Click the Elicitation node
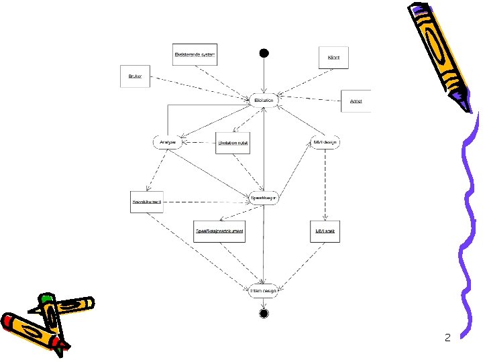pyautogui.click(x=264, y=101)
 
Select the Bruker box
pyautogui.click(x=135, y=76)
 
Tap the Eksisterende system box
pyautogui.click(x=195, y=54)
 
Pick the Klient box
pyautogui.click(x=333, y=58)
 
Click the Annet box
pyautogui.click(x=356, y=101)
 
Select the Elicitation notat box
pyautogui.click(x=233, y=143)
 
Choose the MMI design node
pyautogui.click(x=325, y=142)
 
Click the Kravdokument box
pyautogui.click(x=146, y=202)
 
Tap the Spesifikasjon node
pyautogui.click(x=264, y=198)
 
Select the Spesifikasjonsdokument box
pyautogui.click(x=219, y=231)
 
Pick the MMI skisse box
pyautogui.click(x=325, y=231)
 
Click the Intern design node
pyautogui.click(x=263, y=290)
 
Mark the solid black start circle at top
pyautogui.click(x=264, y=53)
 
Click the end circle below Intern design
pyautogui.click(x=264, y=313)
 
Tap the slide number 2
pyautogui.click(x=447, y=337)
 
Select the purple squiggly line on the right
pyautogui.click(x=470, y=221)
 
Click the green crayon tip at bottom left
pyautogui.click(x=46, y=298)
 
